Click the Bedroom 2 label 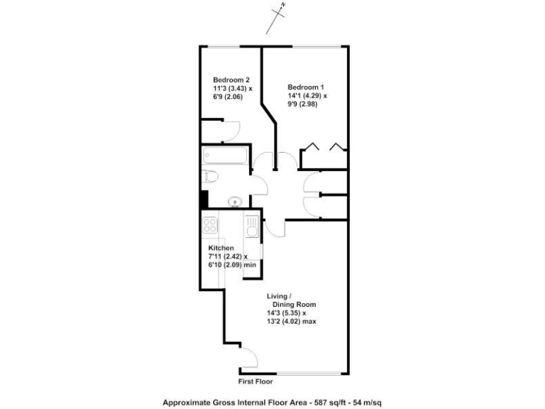(231, 80)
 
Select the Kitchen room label (221, 248)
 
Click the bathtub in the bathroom (224, 156)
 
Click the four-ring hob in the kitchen (210, 227)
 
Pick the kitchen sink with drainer (251, 226)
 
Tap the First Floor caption (256, 381)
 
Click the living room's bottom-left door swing (251, 361)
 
